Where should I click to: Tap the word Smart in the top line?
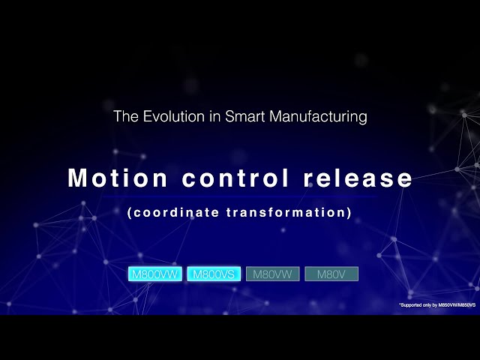click(241, 117)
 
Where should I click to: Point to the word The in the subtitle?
click(124, 117)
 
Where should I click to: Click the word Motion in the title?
click(108, 178)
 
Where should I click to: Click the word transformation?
click(286, 212)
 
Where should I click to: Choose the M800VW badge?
click(154, 274)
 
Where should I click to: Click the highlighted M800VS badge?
click(214, 274)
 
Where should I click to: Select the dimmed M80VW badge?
click(273, 274)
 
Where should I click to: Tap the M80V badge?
click(331, 274)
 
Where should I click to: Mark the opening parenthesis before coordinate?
click(130, 212)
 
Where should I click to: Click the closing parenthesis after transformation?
click(349, 212)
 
